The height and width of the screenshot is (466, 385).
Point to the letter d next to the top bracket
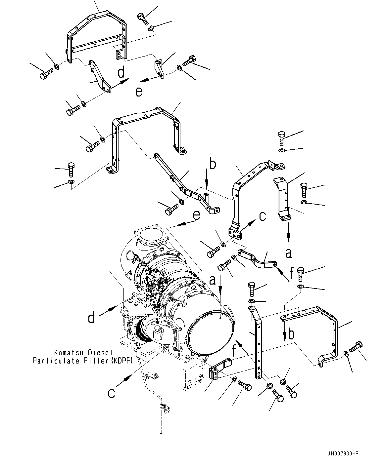121,72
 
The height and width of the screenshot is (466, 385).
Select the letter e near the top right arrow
139,92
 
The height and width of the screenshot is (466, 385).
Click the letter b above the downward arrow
212,164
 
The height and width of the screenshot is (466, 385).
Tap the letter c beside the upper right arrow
262,216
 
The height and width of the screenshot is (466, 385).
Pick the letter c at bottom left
112,393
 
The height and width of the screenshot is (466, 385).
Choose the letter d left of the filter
91,318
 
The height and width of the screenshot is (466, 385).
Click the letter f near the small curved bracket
291,274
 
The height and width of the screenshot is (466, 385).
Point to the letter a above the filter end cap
213,280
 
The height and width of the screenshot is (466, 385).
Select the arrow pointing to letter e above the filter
182,224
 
